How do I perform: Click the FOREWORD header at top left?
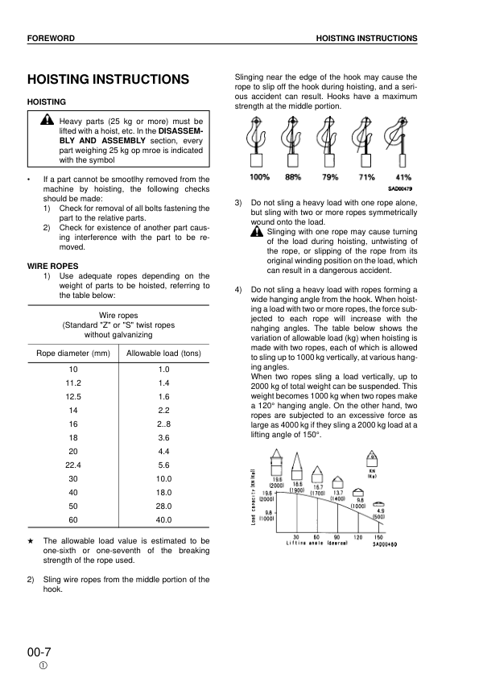point(51,39)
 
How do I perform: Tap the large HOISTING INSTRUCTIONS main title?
point(108,80)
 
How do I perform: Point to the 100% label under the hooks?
point(259,177)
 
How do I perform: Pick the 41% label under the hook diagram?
point(403,177)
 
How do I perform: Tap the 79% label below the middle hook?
point(330,177)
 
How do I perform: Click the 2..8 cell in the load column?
point(164,423)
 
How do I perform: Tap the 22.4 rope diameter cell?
point(73,465)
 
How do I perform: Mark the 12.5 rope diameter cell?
point(73,396)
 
